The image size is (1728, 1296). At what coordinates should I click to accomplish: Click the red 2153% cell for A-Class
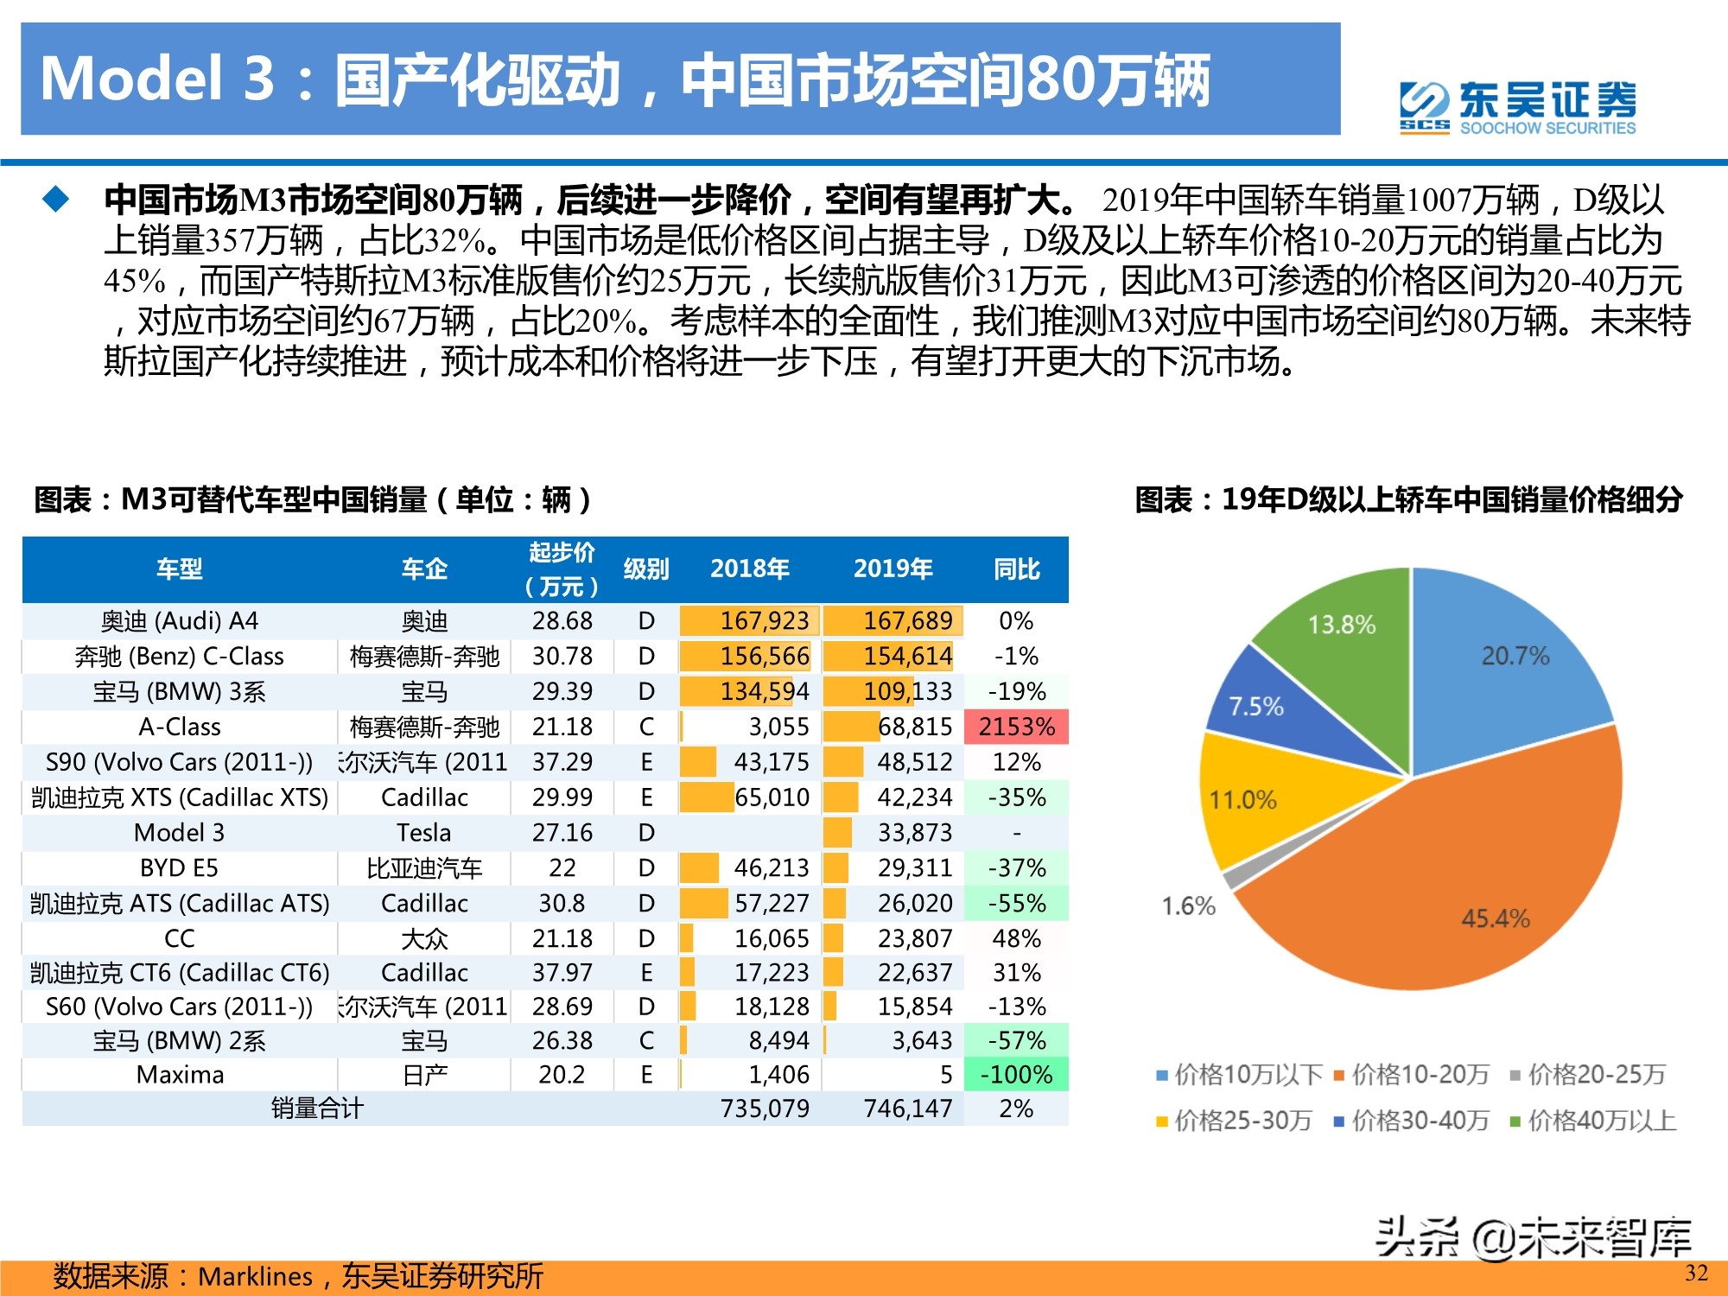(1016, 727)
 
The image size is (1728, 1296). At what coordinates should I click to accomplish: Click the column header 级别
(646, 569)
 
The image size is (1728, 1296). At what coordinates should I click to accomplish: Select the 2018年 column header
(749, 569)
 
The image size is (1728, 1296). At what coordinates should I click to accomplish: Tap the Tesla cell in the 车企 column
(423, 833)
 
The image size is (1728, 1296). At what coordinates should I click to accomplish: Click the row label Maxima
(180, 1075)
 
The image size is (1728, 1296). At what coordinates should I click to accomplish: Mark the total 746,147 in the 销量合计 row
(907, 1109)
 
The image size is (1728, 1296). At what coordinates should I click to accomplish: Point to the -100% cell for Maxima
(1016, 1075)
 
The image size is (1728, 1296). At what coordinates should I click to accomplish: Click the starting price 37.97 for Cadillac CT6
(562, 973)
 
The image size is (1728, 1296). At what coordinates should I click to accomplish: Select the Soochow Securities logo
(1517, 108)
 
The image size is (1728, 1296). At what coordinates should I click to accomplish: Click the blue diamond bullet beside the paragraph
(56, 200)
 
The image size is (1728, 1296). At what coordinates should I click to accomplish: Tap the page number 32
(1696, 1273)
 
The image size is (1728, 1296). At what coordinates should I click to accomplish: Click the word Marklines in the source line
(255, 1276)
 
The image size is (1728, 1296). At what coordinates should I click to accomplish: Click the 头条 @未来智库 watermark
(1533, 1238)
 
